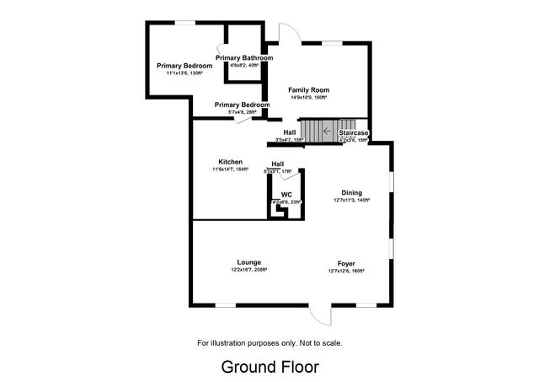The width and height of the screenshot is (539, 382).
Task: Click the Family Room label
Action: [x=308, y=89]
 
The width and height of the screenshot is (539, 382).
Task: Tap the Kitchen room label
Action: [x=231, y=162]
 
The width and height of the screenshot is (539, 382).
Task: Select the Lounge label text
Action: [x=248, y=262]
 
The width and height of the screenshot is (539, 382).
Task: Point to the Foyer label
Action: [x=346, y=262]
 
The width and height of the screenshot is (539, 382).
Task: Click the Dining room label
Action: [x=351, y=192]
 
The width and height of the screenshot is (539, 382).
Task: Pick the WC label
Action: [x=287, y=195]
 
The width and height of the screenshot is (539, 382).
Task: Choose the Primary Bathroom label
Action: [x=244, y=58]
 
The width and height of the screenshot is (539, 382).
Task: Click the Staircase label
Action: [x=354, y=133]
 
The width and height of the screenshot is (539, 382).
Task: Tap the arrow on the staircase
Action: [x=326, y=132]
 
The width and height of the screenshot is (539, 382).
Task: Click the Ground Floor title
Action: [x=269, y=367]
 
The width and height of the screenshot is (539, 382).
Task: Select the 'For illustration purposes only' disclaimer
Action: [x=269, y=342]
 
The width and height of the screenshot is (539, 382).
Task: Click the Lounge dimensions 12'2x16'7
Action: [x=248, y=271]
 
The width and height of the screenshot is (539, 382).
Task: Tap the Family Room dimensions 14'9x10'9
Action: [x=308, y=98]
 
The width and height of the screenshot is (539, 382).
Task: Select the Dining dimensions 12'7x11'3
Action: [x=351, y=201]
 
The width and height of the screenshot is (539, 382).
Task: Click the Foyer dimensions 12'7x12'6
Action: [x=346, y=271]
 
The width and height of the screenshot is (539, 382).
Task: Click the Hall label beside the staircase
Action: [x=289, y=132]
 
